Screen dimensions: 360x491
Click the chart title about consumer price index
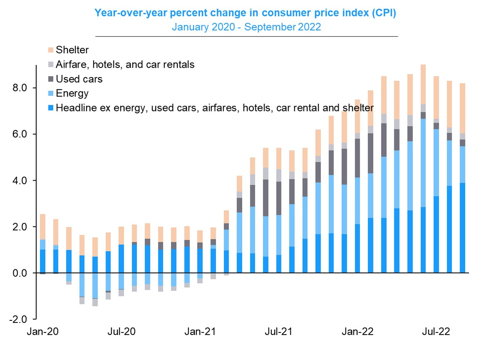(x=245, y=13)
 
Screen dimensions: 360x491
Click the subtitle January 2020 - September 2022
(x=245, y=27)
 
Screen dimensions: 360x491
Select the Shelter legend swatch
(x=51, y=50)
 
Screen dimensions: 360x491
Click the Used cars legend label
(x=79, y=79)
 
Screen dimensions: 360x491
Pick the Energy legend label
(x=72, y=93)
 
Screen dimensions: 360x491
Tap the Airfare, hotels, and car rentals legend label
(x=125, y=65)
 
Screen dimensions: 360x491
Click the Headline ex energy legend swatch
(x=51, y=108)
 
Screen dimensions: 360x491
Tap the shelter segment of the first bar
(x=42, y=227)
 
